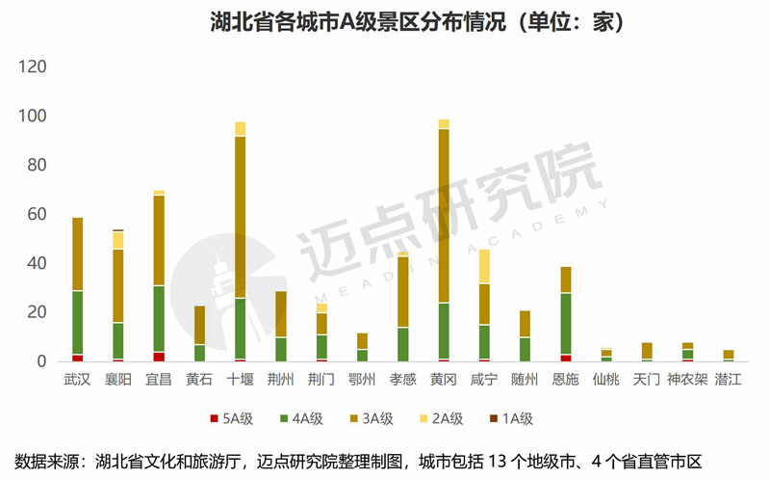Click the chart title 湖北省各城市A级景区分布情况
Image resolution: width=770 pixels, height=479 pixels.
385,21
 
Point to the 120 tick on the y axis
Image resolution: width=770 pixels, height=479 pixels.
34,67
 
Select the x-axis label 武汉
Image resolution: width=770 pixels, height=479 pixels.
77,380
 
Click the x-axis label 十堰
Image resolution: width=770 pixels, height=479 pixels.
240,380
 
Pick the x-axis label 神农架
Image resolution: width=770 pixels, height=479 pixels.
687,380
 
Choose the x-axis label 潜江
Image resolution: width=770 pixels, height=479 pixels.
729,380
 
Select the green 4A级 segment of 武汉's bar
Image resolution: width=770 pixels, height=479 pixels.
77,323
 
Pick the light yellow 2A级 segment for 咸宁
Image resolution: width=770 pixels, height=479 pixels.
484,266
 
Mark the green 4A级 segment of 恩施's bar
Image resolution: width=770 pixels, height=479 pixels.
566,324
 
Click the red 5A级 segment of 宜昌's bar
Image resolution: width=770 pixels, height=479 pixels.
159,357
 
